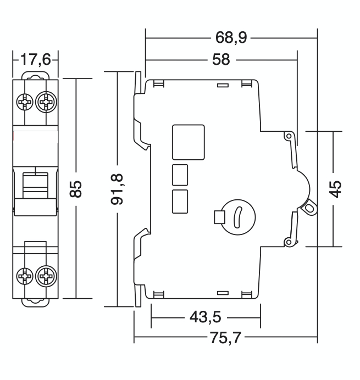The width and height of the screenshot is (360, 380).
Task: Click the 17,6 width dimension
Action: coord(36,59)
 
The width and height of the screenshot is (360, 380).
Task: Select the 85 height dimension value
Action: coord(76,189)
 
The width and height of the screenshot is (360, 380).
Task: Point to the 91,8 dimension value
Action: coord(117,189)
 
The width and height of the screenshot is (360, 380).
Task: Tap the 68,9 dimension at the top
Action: coord(231,38)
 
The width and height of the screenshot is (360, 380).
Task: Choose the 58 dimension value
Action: coord(221,60)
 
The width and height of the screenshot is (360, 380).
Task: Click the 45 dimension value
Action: coord(335,189)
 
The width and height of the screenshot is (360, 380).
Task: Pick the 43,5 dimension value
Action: coord(206,317)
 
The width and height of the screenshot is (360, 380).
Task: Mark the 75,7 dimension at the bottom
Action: coord(225,338)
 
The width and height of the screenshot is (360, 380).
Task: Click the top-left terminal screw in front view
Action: coord(25,102)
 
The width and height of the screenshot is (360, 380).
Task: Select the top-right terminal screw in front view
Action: coord(46,102)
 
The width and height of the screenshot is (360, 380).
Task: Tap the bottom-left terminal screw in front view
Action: coord(25,276)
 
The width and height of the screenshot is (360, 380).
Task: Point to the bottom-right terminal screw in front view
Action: coord(46,276)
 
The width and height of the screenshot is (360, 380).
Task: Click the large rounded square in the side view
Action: coord(189,142)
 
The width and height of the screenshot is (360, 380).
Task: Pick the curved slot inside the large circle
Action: coord(237,217)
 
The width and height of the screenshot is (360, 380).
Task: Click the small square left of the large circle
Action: coord(219,217)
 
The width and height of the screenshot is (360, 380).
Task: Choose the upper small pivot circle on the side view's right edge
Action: coord(289,136)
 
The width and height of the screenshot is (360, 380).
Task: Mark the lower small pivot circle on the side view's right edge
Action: coord(289,242)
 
